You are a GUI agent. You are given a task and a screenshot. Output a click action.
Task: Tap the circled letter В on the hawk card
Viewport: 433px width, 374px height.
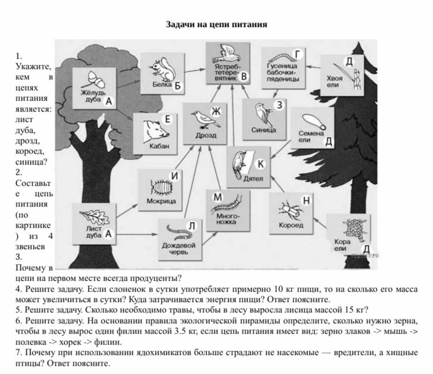[244, 77]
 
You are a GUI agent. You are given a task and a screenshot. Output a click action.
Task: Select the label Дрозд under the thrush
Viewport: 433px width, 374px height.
[206, 135]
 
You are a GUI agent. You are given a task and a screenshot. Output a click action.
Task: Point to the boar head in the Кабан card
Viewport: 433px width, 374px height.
[156, 131]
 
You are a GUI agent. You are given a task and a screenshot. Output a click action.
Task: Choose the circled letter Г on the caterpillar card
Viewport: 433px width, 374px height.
[297, 54]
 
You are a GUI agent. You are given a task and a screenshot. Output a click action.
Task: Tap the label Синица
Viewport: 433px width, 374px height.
[263, 130]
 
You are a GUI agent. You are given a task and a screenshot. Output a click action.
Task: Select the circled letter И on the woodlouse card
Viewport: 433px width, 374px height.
[175, 175]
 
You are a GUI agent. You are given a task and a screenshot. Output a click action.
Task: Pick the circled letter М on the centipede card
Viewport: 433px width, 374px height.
[217, 197]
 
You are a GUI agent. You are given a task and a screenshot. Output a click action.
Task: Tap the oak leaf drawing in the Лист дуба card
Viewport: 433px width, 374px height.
[95, 217]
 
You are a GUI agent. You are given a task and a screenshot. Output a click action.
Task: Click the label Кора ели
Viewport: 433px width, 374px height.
[342, 245]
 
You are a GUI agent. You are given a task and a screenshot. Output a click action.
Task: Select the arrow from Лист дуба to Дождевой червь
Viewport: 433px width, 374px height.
[137, 235]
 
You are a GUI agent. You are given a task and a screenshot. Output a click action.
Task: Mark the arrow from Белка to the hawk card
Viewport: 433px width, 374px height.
[195, 70]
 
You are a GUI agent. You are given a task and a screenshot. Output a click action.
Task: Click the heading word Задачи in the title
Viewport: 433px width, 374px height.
[180, 25]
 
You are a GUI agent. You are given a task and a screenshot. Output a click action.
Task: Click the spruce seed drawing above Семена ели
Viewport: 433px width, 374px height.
[314, 122]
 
